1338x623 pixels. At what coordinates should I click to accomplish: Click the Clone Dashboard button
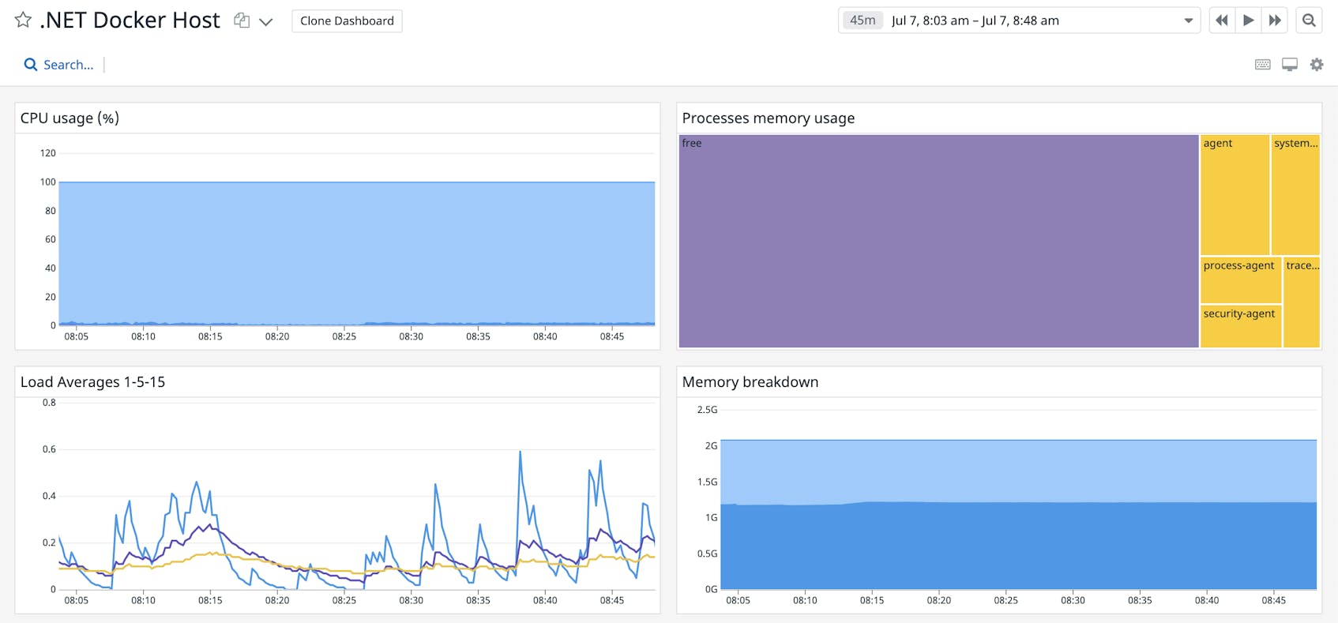point(347,21)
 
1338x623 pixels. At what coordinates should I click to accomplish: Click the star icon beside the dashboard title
point(23,20)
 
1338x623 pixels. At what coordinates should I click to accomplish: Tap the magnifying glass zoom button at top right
point(1309,21)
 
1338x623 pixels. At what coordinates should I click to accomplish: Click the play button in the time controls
point(1248,21)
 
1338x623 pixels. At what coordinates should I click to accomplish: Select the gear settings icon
point(1316,65)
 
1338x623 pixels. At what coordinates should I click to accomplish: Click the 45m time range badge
point(862,21)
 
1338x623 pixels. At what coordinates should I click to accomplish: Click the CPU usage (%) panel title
point(70,118)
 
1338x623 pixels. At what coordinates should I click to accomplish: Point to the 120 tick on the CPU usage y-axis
point(48,153)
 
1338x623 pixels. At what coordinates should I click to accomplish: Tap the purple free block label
point(692,143)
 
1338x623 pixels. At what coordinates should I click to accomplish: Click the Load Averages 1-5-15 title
point(92,382)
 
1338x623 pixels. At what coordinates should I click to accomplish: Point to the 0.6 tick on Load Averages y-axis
point(49,449)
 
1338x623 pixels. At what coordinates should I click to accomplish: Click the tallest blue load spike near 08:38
point(521,452)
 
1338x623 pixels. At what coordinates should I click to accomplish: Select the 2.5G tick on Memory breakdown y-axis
point(707,410)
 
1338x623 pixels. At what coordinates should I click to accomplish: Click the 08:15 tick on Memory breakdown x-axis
point(872,600)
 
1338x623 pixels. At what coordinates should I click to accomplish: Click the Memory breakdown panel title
point(750,382)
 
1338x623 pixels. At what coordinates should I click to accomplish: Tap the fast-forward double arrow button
point(1275,21)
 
